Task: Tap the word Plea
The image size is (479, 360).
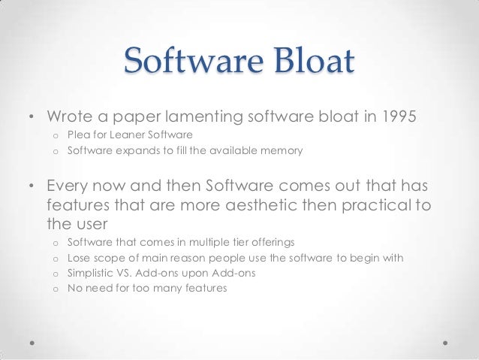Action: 79,135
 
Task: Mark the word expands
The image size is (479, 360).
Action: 137,150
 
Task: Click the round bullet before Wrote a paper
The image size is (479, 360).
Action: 32,117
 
